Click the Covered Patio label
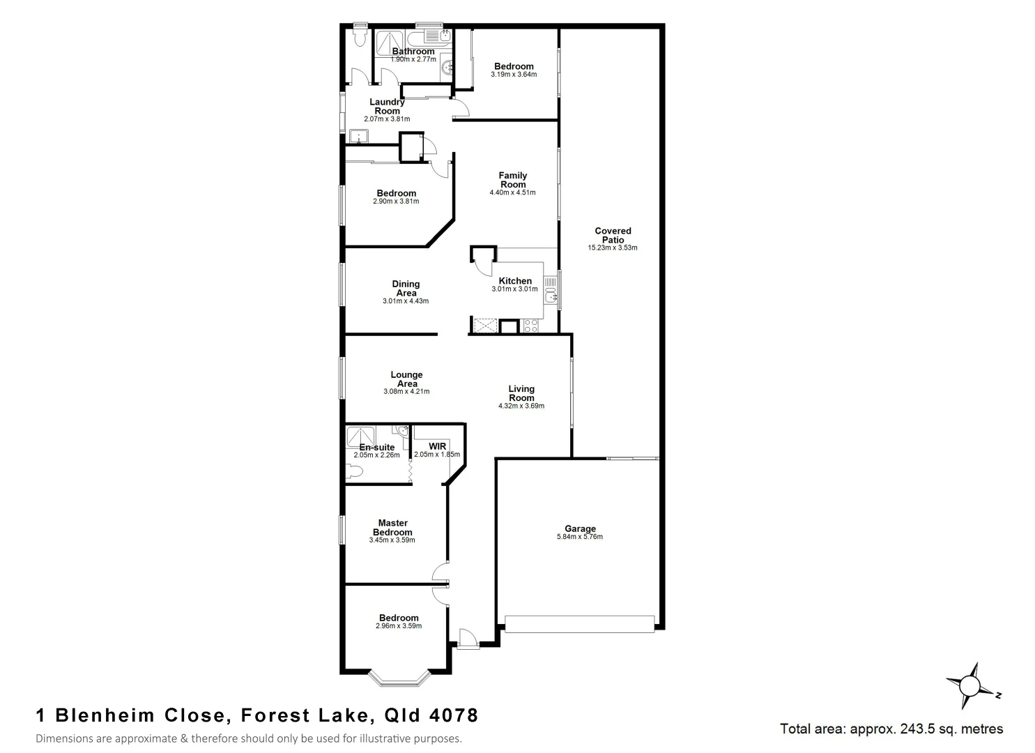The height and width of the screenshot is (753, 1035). (613, 235)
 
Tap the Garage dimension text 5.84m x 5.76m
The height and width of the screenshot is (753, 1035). (580, 537)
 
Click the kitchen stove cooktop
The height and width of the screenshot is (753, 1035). (530, 326)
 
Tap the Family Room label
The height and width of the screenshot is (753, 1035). (512, 180)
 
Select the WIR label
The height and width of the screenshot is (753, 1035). (437, 446)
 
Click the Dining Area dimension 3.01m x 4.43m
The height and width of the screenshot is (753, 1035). (406, 301)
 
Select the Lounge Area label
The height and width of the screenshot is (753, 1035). (406, 379)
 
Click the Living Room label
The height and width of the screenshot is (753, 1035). (521, 393)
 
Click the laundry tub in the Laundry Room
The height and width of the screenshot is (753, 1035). (359, 136)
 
